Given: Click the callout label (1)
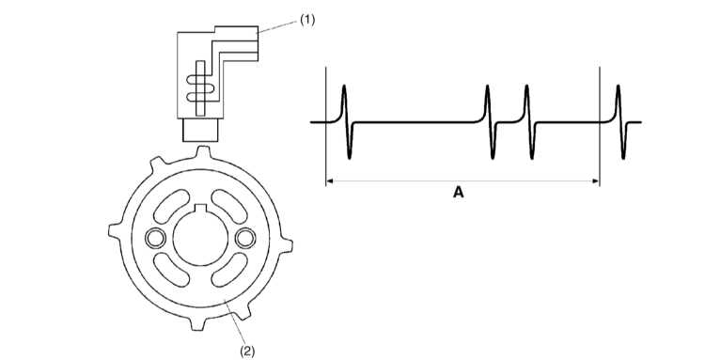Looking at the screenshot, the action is (307, 21).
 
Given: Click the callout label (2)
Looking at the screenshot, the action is (247, 351).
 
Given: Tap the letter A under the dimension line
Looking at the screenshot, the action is (458, 193).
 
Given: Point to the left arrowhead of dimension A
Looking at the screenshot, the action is (329, 181).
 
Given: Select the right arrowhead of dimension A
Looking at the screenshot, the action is (596, 181).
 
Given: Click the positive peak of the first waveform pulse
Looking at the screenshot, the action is (344, 86).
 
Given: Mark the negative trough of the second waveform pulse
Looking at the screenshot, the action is (493, 157).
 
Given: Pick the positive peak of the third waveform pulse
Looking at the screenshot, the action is (526, 86).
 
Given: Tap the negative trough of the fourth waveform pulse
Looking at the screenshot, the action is (623, 157).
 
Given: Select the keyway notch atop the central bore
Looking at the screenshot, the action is (200, 208).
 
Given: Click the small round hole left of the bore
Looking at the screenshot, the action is (155, 238).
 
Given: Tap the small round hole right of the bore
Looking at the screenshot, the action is (245, 238).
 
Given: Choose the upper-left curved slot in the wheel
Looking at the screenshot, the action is (171, 206).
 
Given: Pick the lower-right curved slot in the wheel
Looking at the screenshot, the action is (229, 270).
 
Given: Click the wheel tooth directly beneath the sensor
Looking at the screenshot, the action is (203, 152).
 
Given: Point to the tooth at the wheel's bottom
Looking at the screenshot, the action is (197, 324).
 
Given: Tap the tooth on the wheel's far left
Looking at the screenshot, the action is (115, 230).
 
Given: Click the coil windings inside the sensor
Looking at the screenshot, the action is (200, 88).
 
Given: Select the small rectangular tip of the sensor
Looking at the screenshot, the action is (200, 130).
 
